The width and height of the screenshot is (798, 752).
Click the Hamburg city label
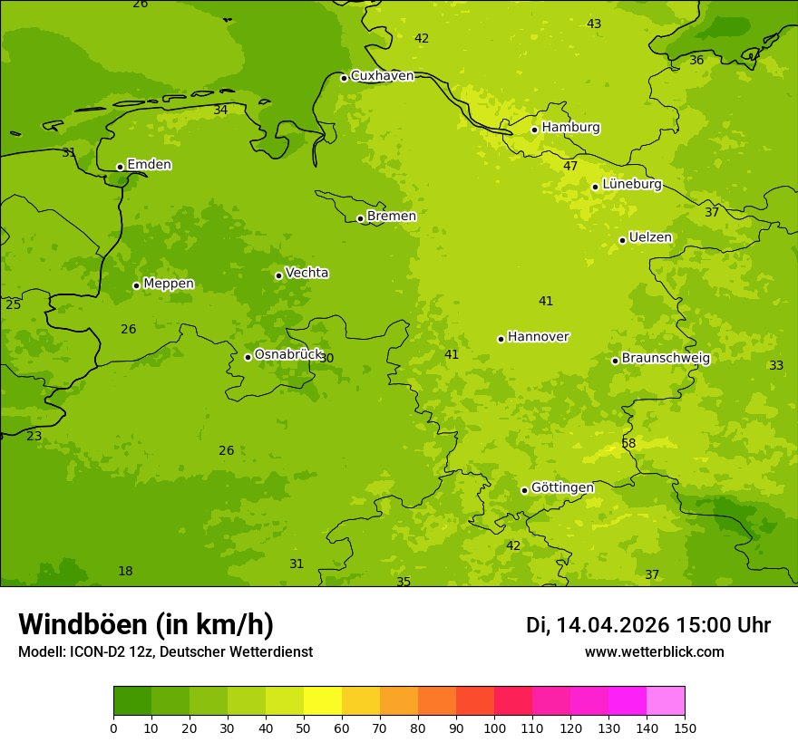570,128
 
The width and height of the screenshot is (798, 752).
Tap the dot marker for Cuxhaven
344,78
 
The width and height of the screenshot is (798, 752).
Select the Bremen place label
391,217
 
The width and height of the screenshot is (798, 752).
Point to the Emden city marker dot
120,167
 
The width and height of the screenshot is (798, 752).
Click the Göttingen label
562,488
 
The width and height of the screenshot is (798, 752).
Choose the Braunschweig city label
666,359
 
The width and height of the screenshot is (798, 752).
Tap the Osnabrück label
288,355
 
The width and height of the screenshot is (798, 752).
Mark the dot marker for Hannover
501,339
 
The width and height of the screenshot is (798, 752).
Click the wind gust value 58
628,443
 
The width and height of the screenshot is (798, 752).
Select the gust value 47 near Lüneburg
570,166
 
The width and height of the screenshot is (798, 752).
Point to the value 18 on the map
125,571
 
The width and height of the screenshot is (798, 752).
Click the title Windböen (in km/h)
146,624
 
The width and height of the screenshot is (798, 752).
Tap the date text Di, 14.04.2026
598,625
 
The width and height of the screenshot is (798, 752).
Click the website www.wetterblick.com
654,652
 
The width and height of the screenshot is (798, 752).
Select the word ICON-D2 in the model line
94,652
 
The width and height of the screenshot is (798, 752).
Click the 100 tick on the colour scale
494,728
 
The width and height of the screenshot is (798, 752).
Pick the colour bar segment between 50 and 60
323,701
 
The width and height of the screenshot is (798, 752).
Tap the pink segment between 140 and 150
666,701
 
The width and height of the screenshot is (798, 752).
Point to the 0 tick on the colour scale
113,728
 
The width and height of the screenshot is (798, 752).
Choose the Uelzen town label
650,238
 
